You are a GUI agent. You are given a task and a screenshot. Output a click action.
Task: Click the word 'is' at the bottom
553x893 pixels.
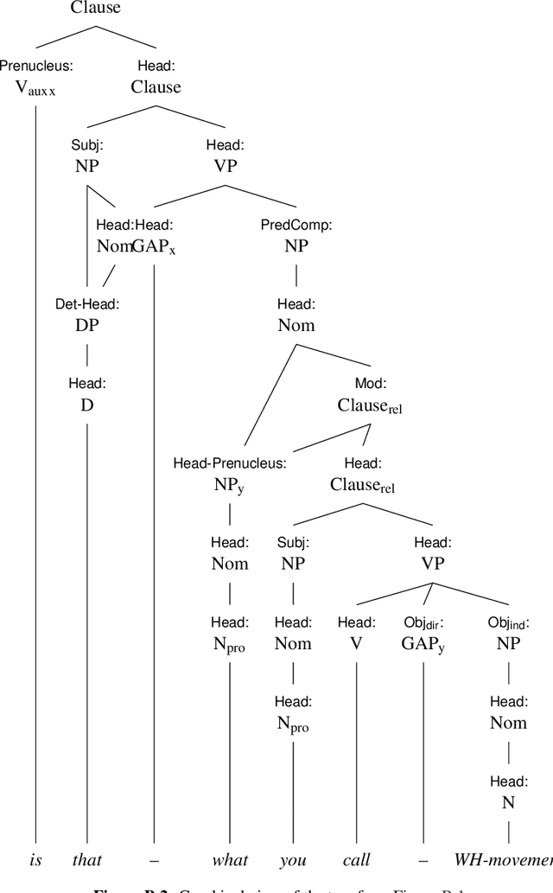(x=35, y=859)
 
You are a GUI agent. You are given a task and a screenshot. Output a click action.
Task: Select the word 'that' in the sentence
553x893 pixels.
(x=87, y=859)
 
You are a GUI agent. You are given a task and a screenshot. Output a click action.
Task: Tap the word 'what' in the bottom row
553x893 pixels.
(x=230, y=859)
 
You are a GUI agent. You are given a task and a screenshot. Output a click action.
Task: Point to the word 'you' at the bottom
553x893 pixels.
(x=294, y=859)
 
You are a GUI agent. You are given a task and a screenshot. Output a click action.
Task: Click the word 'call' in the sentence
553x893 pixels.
(x=356, y=859)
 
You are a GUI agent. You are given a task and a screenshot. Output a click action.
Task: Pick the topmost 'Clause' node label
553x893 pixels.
(x=95, y=9)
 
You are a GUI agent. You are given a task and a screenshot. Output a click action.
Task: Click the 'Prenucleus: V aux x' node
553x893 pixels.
(x=35, y=78)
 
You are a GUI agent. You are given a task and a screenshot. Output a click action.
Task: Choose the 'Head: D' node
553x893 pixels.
(x=87, y=394)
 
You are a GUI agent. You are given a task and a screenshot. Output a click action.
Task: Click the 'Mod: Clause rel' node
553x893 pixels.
(x=370, y=394)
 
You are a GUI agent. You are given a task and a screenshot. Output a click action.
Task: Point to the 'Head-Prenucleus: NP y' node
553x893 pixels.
(x=230, y=475)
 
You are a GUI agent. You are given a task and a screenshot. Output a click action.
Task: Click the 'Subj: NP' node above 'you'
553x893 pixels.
(x=294, y=554)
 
